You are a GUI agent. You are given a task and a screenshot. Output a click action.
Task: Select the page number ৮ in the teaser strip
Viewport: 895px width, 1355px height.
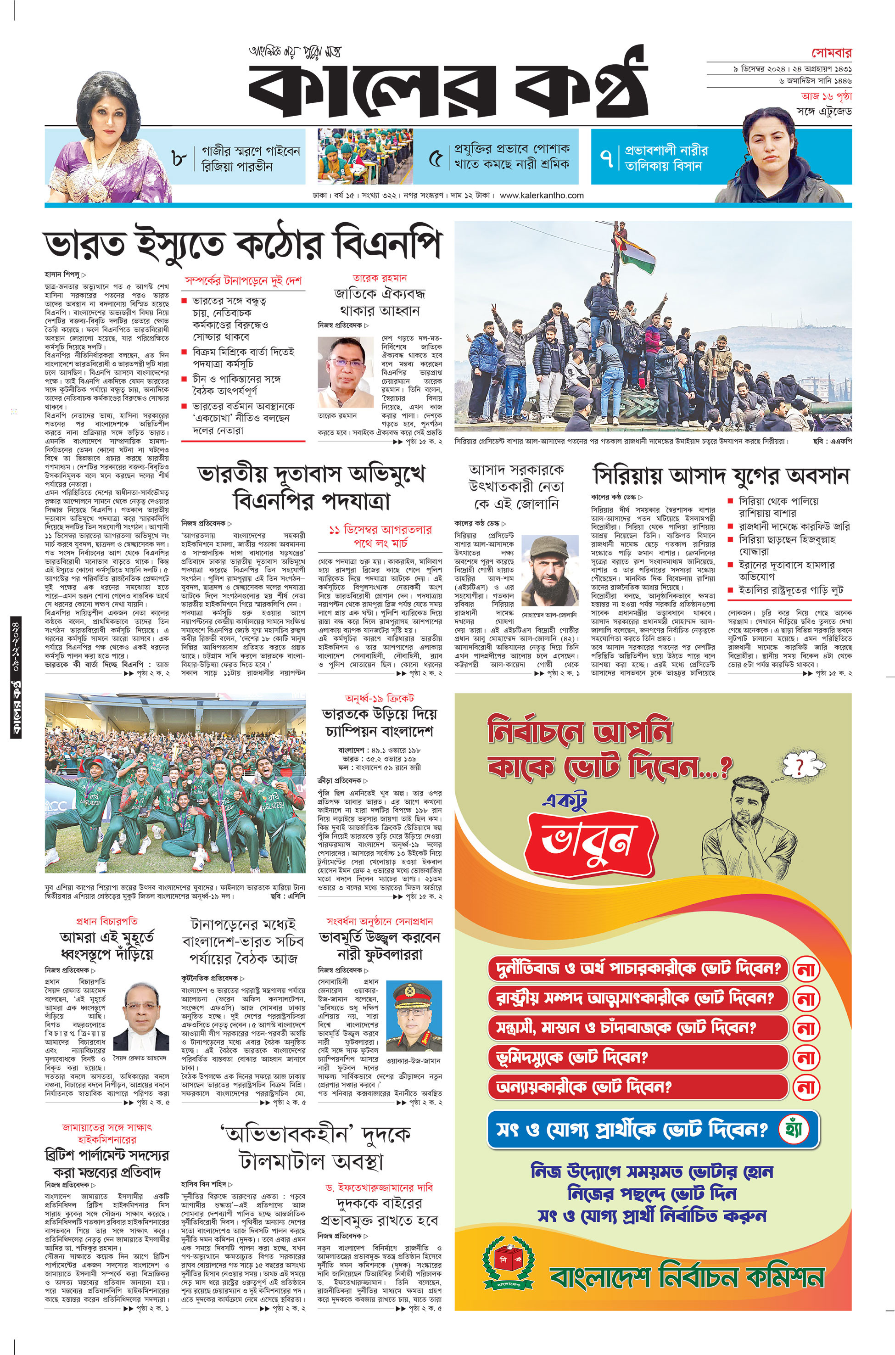(179, 158)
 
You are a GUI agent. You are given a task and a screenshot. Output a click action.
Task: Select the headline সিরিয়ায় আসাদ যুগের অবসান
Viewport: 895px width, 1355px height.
(722, 475)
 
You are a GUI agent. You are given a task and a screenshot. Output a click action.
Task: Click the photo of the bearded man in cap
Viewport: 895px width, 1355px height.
(546, 571)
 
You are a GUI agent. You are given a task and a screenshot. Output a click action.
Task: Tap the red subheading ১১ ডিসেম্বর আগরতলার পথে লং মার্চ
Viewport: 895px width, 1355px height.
(380, 535)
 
